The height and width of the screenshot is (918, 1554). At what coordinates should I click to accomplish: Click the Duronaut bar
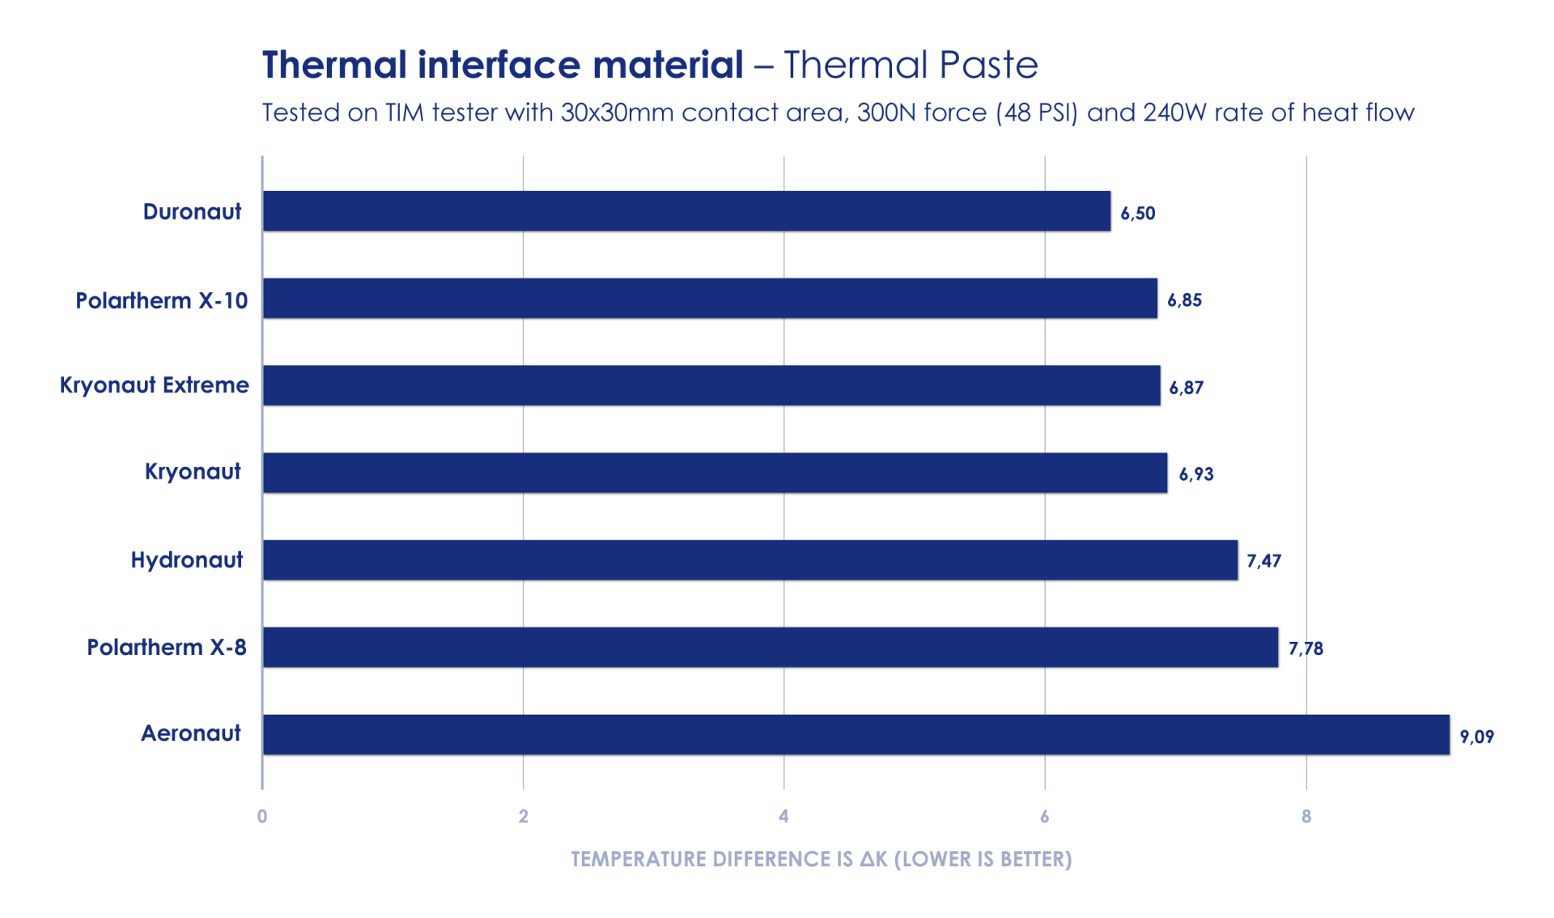tap(686, 212)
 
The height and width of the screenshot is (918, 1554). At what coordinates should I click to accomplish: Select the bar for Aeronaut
tap(856, 735)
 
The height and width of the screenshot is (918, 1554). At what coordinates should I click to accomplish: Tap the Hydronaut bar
tap(749, 560)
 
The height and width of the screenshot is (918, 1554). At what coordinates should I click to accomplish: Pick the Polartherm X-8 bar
tap(770, 648)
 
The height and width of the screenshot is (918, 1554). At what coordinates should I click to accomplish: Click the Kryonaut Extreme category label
tap(155, 385)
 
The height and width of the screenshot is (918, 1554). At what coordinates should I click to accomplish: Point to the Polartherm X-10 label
tap(162, 301)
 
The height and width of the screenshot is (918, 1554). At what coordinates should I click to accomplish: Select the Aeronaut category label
tap(191, 733)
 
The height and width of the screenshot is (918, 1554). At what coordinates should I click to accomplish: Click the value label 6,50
tap(1137, 214)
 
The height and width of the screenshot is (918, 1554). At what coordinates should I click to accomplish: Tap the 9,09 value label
tap(1476, 737)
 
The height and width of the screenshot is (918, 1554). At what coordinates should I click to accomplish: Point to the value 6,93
tap(1195, 474)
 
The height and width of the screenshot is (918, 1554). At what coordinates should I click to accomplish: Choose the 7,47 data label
tap(1263, 561)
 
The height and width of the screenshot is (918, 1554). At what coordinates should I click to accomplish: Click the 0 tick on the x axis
tap(262, 816)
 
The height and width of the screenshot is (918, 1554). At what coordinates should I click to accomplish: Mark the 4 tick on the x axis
tap(783, 816)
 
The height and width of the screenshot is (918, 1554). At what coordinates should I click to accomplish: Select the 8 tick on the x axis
tap(1306, 816)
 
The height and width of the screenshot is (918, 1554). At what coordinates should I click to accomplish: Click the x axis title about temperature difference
tap(821, 860)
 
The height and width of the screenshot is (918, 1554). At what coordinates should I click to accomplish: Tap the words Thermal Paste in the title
tap(911, 66)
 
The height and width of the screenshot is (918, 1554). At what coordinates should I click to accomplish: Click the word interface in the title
tap(499, 66)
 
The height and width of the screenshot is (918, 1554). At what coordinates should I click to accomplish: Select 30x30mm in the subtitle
tap(617, 113)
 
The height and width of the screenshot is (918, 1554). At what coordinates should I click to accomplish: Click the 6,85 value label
tap(1184, 300)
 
